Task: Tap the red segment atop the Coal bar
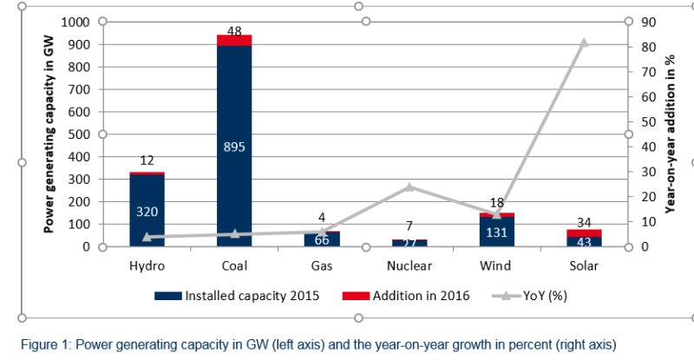(x=234, y=40)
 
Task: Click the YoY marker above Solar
(x=584, y=43)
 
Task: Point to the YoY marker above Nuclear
(x=409, y=187)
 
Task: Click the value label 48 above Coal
(x=234, y=30)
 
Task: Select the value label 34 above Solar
(x=585, y=224)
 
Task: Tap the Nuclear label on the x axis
(x=409, y=265)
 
